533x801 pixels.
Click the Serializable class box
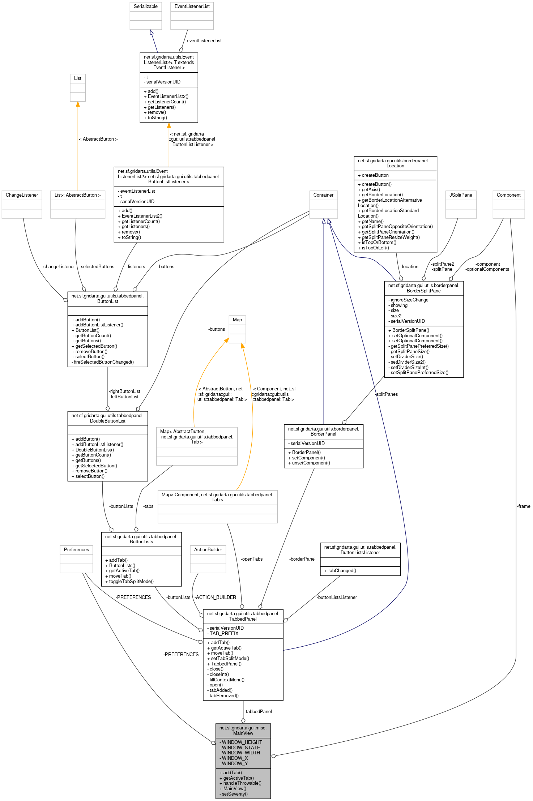pyautogui.click(x=146, y=16)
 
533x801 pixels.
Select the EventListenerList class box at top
pyautogui.click(x=192, y=16)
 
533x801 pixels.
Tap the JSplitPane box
pyautogui.click(x=461, y=204)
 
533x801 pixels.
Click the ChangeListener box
pyautogui.click(x=22, y=204)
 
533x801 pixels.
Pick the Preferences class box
pyautogui.click(x=76, y=559)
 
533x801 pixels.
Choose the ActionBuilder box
pyautogui.click(x=208, y=559)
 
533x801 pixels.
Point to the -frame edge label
pyautogui.click(x=524, y=506)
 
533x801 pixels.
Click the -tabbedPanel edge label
pyautogui.click(x=258, y=711)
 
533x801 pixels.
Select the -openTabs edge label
pyautogui.click(x=252, y=559)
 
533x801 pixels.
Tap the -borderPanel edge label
pyautogui.click(x=302, y=559)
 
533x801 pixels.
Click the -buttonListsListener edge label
pyautogui.click(x=337, y=597)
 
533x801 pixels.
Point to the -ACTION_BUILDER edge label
pyautogui.click(x=215, y=597)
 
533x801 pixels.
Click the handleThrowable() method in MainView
pyautogui.click(x=240, y=783)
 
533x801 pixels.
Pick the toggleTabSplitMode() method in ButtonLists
pyautogui.click(x=129, y=581)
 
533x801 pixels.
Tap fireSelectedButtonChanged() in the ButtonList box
pyautogui.click(x=103, y=362)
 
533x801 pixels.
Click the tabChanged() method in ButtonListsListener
pyautogui.click(x=340, y=570)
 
